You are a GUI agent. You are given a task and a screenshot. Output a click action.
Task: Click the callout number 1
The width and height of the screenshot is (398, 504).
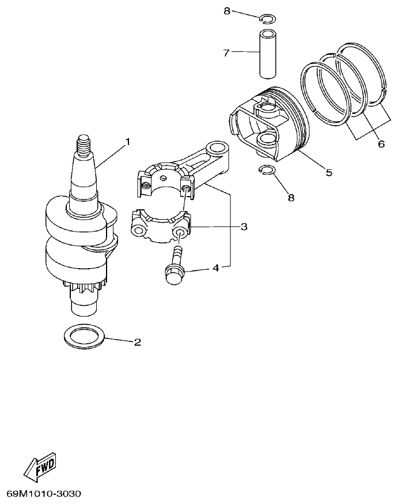[127, 141]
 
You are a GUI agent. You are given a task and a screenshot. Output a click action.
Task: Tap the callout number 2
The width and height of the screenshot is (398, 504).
[137, 342]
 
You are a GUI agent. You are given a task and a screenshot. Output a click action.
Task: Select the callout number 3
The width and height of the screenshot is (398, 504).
[244, 227]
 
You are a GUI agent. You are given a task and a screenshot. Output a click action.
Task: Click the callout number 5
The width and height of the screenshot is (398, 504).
[329, 172]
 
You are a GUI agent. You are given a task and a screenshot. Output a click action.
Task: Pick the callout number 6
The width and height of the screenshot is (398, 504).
[381, 144]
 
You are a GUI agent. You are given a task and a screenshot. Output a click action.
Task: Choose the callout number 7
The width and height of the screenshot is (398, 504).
[226, 53]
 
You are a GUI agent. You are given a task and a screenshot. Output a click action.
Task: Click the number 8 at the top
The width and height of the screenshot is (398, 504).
[226, 10]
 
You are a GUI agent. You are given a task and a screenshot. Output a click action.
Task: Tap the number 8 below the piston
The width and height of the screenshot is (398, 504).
[291, 197]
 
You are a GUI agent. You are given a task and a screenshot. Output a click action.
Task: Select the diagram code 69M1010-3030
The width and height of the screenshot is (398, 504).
[44, 494]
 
